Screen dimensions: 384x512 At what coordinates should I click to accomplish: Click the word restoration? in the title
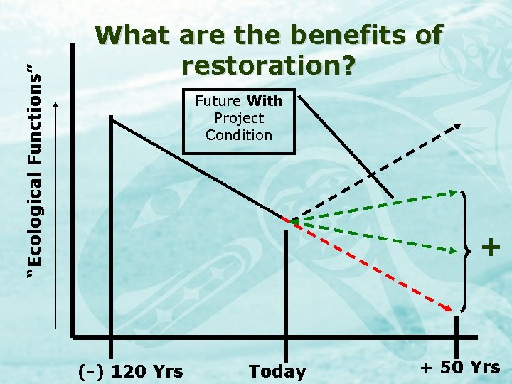coord(268,65)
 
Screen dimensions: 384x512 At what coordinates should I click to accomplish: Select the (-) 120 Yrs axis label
coord(130,371)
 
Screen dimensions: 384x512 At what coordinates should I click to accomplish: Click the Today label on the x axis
coord(277,371)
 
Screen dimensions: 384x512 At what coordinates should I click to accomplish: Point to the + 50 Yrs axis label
coord(460,368)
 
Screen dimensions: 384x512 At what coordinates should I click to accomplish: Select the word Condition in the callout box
coord(239,134)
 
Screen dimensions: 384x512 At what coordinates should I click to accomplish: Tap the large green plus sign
coord(491,247)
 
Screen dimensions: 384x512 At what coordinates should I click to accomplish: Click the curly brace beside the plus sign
coord(466,250)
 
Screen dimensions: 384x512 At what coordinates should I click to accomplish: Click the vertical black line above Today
coord(286,284)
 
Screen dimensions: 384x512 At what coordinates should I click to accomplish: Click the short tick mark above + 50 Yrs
coord(456,327)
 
